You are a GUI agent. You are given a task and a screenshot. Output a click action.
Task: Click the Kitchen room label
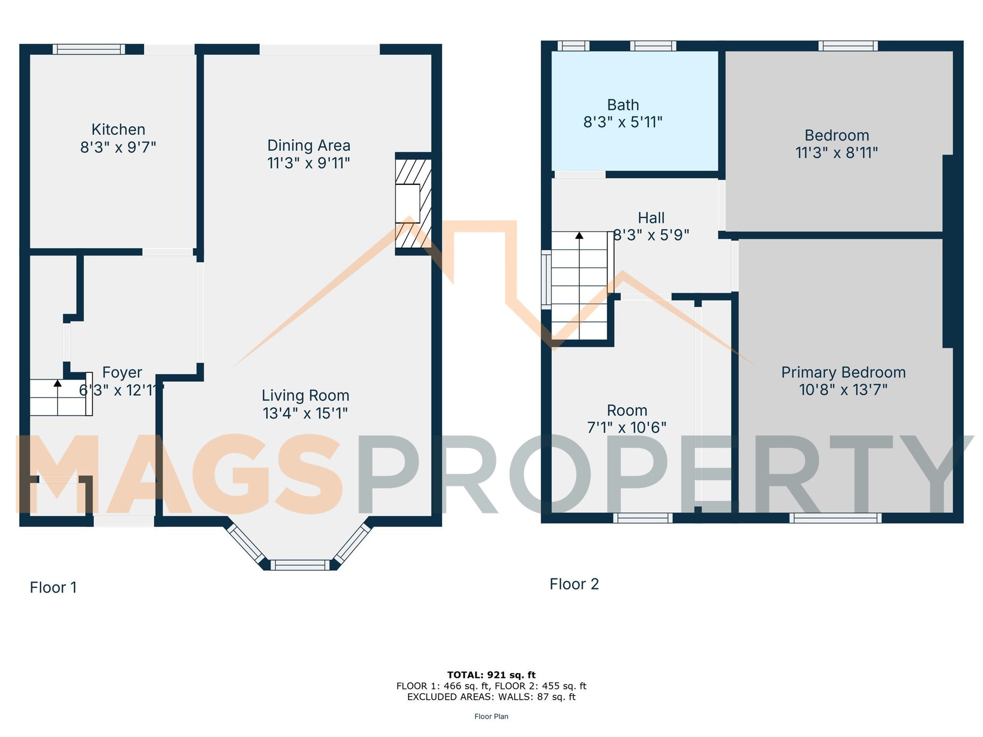pos(118,130)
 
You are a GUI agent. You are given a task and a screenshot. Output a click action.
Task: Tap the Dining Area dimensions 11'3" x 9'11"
pos(308,163)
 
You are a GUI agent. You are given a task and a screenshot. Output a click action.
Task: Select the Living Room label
pos(305,396)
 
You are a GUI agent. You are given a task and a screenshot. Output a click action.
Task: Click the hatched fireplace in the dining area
pos(413,203)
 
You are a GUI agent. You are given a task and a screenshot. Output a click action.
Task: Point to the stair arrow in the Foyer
pos(58,383)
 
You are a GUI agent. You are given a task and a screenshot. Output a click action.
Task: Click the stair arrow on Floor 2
pos(579,236)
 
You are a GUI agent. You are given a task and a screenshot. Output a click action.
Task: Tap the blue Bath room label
pos(623,105)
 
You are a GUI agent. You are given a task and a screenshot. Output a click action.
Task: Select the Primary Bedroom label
pos(843,372)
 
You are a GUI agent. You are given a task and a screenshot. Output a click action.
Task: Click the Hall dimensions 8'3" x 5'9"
pos(651,235)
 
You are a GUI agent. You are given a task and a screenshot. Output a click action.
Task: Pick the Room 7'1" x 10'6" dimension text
pos(627,427)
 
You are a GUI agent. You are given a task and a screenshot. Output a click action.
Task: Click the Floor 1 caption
pos(53,588)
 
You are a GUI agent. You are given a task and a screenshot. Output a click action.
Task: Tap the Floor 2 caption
pos(574,584)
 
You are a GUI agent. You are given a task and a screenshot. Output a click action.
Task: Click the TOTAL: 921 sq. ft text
pos(491,675)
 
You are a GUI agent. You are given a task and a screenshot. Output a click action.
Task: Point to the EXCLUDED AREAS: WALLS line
pos(491,697)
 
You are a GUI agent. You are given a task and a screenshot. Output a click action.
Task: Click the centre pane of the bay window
pos(299,565)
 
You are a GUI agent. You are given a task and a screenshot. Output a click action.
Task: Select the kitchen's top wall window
pos(89,49)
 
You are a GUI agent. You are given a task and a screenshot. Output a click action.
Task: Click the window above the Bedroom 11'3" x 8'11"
pos(848,46)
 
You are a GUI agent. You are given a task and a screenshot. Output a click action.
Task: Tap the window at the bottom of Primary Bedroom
pos(835,518)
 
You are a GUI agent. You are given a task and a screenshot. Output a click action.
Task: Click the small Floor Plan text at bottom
pos(491,717)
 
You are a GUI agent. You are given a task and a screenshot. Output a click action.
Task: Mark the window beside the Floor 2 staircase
pos(546,280)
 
